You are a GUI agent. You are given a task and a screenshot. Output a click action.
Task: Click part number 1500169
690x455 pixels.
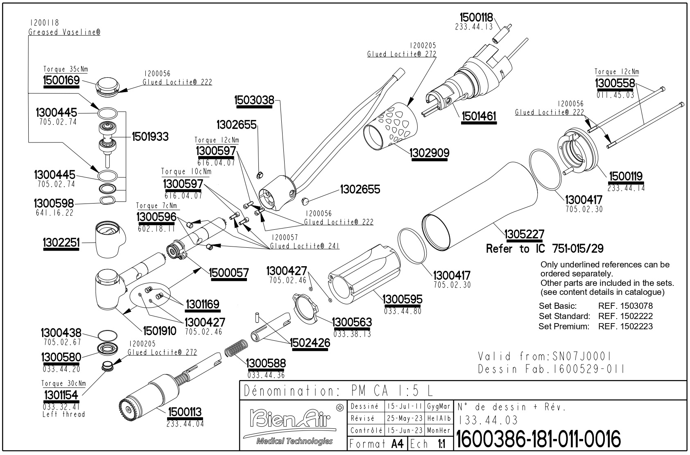[61, 80]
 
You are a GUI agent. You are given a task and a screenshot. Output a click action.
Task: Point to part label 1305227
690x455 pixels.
[524, 235]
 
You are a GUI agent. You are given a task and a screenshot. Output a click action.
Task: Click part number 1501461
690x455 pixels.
[479, 116]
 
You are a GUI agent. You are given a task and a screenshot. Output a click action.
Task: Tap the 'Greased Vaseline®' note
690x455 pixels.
[64, 32]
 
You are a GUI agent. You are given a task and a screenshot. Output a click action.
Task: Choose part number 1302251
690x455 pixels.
[61, 243]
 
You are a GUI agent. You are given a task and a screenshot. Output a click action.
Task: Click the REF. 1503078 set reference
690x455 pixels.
[625, 306]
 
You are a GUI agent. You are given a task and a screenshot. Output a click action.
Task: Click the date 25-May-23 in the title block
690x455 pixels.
[405, 419]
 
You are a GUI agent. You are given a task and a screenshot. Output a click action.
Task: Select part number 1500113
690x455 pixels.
[185, 412]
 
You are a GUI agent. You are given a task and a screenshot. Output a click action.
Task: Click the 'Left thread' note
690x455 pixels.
[63, 414]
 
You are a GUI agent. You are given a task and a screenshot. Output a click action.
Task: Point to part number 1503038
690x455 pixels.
[253, 100]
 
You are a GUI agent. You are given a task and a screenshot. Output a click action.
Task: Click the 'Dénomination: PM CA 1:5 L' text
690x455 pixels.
[337, 391]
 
